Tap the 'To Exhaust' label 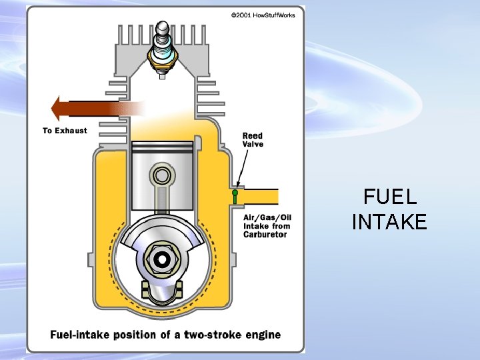65,131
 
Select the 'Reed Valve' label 252,140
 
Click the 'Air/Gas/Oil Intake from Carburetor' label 267,226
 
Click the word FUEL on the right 390,197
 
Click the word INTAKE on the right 389,221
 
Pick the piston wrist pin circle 161,176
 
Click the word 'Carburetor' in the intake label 265,235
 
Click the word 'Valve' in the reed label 253,144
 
